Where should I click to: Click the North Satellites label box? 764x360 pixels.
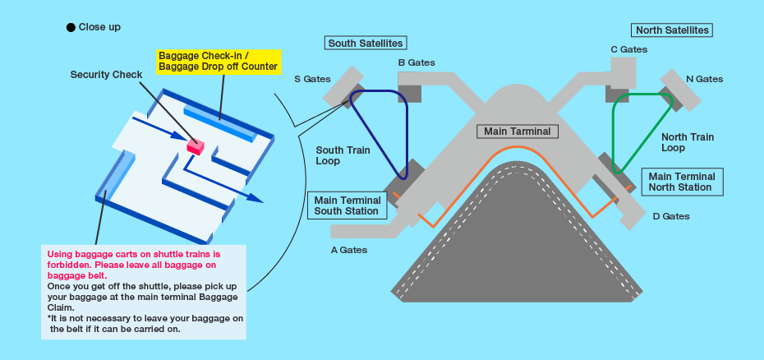(672, 30)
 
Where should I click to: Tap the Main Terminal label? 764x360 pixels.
(518, 131)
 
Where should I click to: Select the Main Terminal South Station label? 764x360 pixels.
(347, 205)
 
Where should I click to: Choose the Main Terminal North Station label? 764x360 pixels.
(682, 182)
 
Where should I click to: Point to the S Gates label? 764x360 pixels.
(312, 80)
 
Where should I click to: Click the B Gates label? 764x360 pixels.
(417, 62)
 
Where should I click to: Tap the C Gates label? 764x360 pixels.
(628, 49)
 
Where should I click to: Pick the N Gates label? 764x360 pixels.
(704, 79)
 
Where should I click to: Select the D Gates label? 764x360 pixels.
(670, 216)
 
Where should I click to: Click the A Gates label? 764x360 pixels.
(349, 250)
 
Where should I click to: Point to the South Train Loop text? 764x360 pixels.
(343, 155)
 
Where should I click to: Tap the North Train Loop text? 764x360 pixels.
(688, 142)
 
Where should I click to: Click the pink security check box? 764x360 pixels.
(195, 145)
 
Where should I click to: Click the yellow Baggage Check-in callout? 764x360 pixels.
(218, 61)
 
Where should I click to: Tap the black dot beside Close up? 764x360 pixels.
(71, 27)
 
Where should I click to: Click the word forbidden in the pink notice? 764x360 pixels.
(67, 265)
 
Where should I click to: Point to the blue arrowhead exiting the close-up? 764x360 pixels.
(256, 198)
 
